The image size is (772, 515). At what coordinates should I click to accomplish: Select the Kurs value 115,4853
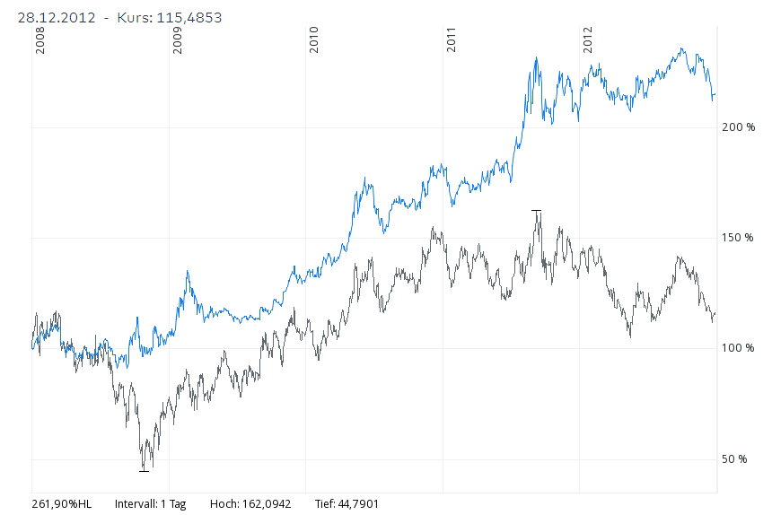pyautogui.click(x=189, y=18)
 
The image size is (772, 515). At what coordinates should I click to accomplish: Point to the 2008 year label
pyautogui.click(x=39, y=40)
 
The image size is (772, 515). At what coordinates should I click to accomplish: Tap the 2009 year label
pyautogui.click(x=178, y=40)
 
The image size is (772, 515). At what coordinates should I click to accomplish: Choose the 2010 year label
pyautogui.click(x=314, y=40)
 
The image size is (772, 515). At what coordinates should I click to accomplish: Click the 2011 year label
pyautogui.click(x=452, y=40)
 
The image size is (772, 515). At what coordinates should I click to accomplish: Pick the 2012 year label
pyautogui.click(x=589, y=40)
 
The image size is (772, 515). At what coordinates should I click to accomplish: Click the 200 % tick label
pyautogui.click(x=739, y=128)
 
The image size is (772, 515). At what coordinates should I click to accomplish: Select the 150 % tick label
pyautogui.click(x=739, y=238)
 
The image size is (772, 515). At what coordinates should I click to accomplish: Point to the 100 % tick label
pyautogui.click(x=739, y=348)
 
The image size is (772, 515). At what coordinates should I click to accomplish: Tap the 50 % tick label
pyautogui.click(x=735, y=459)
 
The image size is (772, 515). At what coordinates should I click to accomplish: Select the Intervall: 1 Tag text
pyautogui.click(x=150, y=504)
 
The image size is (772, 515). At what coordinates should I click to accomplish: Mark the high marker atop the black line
pyautogui.click(x=537, y=210)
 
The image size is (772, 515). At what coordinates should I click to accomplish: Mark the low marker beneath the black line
pyautogui.click(x=144, y=470)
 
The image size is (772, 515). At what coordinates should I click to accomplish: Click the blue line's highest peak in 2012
pyautogui.click(x=682, y=49)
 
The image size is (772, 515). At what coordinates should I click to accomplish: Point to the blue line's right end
pyautogui.click(x=715, y=93)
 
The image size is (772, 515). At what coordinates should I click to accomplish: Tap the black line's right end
pyautogui.click(x=715, y=314)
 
